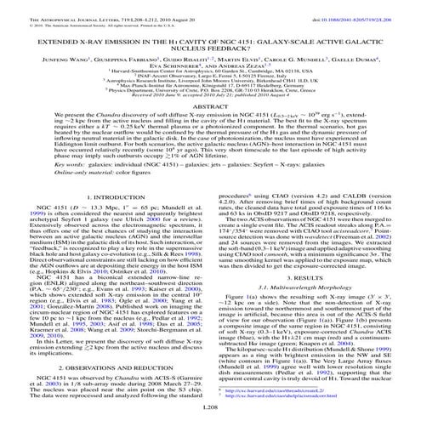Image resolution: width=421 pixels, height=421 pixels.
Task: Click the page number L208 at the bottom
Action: click(x=210, y=409)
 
